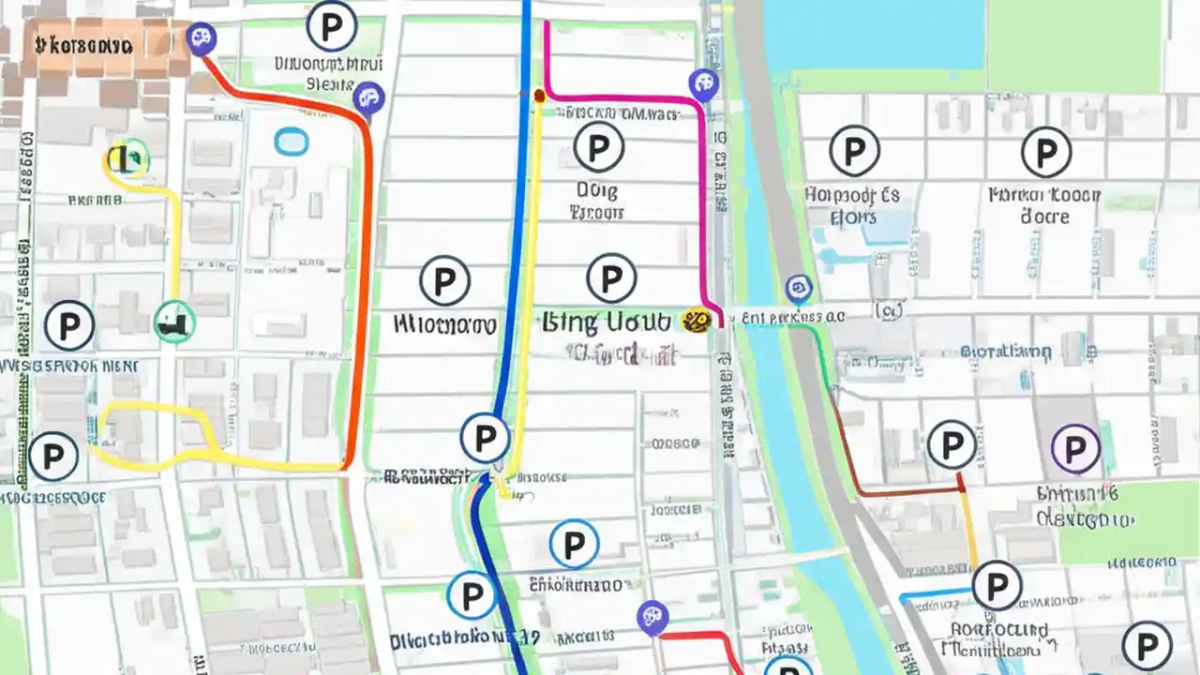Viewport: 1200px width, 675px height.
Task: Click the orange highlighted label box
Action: click(84, 44)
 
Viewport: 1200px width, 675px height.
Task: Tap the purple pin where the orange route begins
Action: click(201, 38)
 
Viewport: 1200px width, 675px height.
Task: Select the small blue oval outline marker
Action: click(291, 142)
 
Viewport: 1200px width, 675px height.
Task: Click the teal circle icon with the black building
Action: click(174, 322)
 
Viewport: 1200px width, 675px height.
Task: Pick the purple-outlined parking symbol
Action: click(1075, 448)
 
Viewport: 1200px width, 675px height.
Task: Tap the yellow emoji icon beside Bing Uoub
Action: click(695, 322)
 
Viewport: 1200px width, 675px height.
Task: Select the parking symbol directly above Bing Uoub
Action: click(611, 278)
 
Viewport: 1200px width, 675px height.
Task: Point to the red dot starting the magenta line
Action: click(539, 95)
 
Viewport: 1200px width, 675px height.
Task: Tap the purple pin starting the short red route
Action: click(651, 618)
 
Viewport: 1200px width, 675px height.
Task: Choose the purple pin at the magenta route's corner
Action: click(702, 84)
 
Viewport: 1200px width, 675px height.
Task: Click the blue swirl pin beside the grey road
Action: click(798, 288)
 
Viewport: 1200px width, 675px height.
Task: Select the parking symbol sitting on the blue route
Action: click(485, 437)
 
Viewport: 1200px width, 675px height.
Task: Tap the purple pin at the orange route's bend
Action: click(368, 97)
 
